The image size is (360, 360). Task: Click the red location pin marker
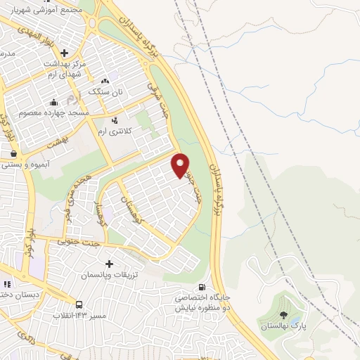(181, 165)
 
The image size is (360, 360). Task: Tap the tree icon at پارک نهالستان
(283, 316)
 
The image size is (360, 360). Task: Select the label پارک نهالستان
(284, 327)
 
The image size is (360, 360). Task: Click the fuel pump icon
(202, 287)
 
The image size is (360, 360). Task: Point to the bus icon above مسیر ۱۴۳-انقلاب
(79, 305)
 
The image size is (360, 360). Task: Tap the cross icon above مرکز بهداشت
(65, 53)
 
